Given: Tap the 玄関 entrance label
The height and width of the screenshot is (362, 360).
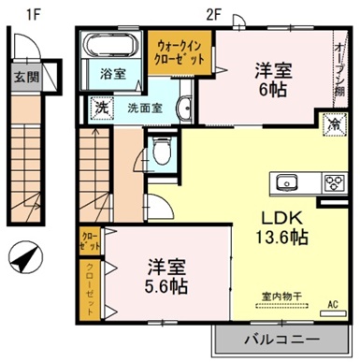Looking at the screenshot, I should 25,77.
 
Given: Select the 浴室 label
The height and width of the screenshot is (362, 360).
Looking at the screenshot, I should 112,74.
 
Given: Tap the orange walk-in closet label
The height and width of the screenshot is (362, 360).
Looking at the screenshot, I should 180,53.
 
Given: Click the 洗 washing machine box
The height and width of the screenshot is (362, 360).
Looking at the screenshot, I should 101,108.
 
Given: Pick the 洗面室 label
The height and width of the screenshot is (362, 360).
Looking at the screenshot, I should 145,107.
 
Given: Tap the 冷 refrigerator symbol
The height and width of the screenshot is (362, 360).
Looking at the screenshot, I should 331,121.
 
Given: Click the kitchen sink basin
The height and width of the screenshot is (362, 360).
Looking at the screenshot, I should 285,181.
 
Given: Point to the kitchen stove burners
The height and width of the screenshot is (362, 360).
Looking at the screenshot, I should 332,181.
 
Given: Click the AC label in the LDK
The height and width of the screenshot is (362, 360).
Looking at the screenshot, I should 333,303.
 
